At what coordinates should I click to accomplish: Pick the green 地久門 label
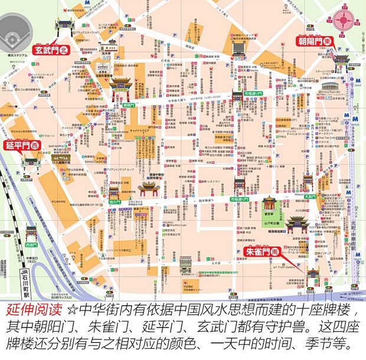point(115,202)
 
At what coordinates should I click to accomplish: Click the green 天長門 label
point(311,196)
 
